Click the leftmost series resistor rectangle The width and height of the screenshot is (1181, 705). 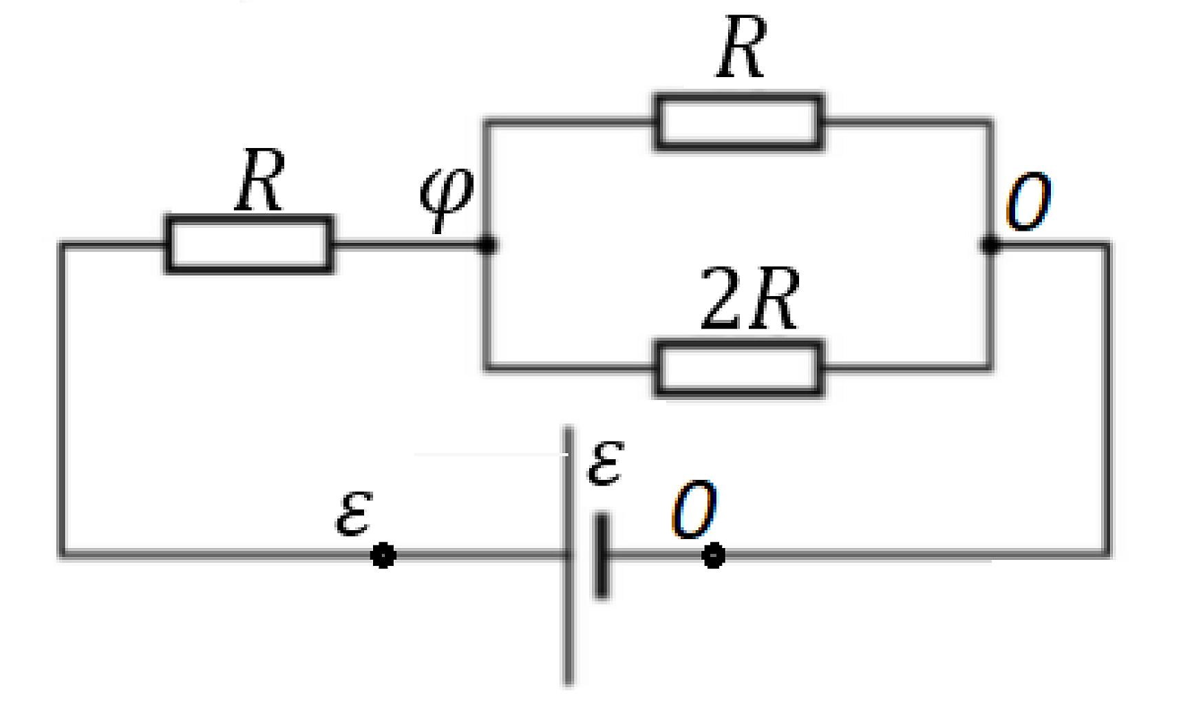tap(249, 244)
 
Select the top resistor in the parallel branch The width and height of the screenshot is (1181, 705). tap(738, 122)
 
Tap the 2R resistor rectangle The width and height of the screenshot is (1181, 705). tap(738, 368)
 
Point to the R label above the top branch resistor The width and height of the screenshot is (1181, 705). tap(741, 47)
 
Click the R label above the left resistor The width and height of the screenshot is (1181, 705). tap(259, 180)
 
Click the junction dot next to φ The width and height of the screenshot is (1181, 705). tap(487, 244)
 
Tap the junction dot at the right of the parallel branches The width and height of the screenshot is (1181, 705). tap(990, 244)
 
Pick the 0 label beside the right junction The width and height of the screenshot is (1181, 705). tap(1028, 201)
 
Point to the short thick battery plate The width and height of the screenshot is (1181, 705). tap(602, 555)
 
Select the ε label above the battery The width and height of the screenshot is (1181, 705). tap(606, 462)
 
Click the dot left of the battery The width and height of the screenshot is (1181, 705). tap(383, 555)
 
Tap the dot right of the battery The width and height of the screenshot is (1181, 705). tap(713, 555)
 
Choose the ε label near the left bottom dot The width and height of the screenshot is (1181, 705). tap(354, 513)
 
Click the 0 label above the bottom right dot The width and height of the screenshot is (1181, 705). tap(694, 510)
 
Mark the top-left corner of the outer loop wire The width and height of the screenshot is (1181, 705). tap(62, 244)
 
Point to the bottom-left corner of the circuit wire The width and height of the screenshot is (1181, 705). tap(62, 553)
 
